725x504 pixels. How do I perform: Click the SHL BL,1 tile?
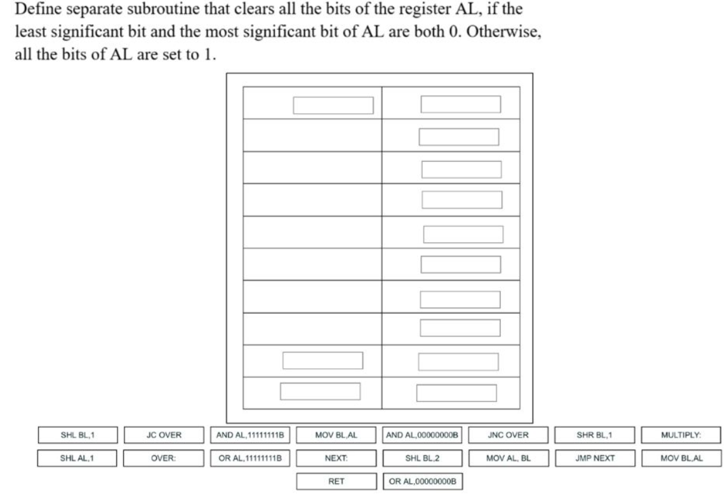coord(77,435)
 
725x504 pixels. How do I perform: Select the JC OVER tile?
coord(164,435)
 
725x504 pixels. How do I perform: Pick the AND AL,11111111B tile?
coord(250,435)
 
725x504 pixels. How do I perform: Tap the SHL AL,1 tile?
coord(77,458)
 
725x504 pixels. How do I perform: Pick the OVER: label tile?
coord(164,458)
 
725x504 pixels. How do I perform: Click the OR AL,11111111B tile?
coord(250,458)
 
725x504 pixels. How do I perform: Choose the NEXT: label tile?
coord(336,458)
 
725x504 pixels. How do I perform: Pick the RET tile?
coord(336,481)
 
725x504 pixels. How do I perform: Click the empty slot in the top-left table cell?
coord(333,105)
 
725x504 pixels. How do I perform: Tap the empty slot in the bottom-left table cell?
coord(320,391)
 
